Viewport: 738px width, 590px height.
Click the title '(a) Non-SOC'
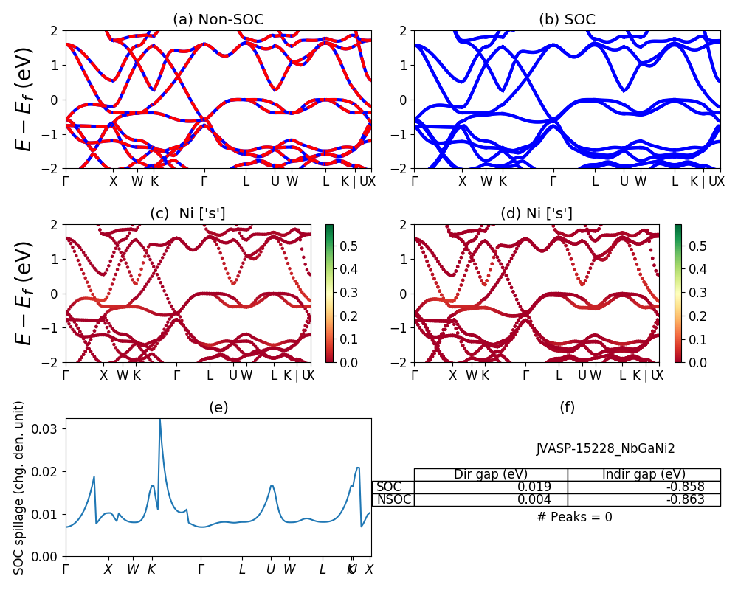pyautogui.click(x=218, y=20)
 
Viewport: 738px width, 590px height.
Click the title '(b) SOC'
pyautogui.click(x=567, y=20)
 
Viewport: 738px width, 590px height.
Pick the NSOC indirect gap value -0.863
pyautogui.click(x=679, y=499)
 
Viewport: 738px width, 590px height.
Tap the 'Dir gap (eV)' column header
pyautogui.click(x=490, y=474)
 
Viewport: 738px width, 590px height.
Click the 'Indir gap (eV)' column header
pyautogui.click(x=644, y=474)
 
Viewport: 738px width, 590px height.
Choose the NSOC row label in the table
pyautogui.click(x=393, y=499)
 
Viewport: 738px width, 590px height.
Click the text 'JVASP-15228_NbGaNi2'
pyautogui.click(x=605, y=448)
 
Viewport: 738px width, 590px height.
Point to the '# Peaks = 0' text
pyautogui.click(x=574, y=517)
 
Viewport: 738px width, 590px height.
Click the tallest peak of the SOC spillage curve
pyautogui.click(x=159, y=420)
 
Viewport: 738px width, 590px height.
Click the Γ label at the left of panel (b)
pyautogui.click(x=414, y=181)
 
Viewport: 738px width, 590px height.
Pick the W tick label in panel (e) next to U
pyautogui.click(x=289, y=569)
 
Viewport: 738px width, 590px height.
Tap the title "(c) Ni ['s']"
pyautogui.click(x=187, y=214)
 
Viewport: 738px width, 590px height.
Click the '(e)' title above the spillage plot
pyautogui.click(x=218, y=407)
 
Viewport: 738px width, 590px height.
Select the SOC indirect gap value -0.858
pyautogui.click(x=679, y=487)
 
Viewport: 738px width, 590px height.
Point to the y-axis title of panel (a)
pyautogui.click(x=26, y=100)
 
